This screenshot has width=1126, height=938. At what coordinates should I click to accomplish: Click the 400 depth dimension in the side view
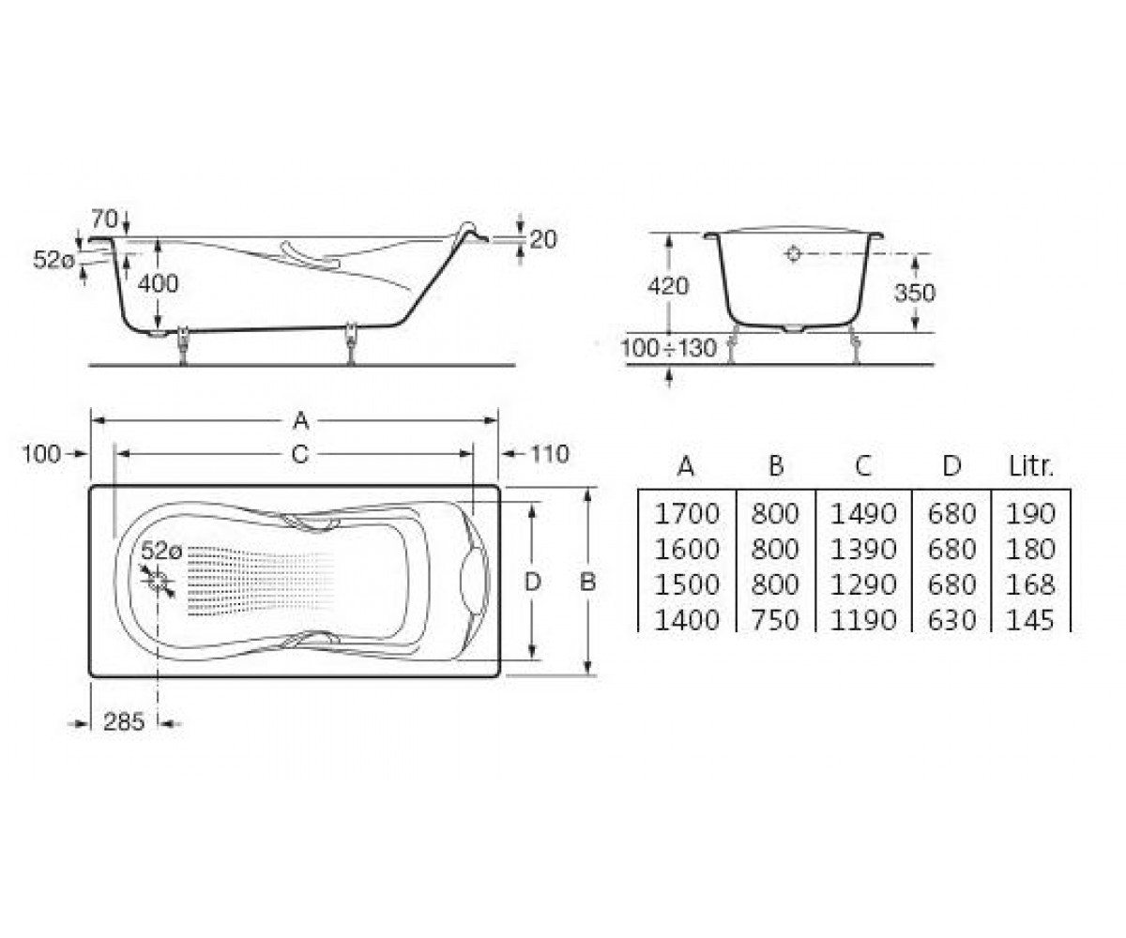click(158, 284)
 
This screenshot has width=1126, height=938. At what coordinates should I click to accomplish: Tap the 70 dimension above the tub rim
click(104, 219)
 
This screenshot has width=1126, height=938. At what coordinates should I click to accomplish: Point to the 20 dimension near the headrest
click(543, 240)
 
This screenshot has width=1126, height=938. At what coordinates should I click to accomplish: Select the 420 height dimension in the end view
click(668, 286)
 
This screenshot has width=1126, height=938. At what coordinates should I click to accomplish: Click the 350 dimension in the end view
click(915, 293)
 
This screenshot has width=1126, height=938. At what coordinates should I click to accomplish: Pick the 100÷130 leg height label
click(669, 348)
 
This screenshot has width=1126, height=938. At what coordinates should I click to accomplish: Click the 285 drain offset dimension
click(124, 721)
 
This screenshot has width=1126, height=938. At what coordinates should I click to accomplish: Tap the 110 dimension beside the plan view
click(550, 454)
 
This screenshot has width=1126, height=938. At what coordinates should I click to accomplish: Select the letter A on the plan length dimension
click(301, 420)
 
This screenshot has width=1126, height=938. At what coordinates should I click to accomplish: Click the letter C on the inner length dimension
click(300, 454)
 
